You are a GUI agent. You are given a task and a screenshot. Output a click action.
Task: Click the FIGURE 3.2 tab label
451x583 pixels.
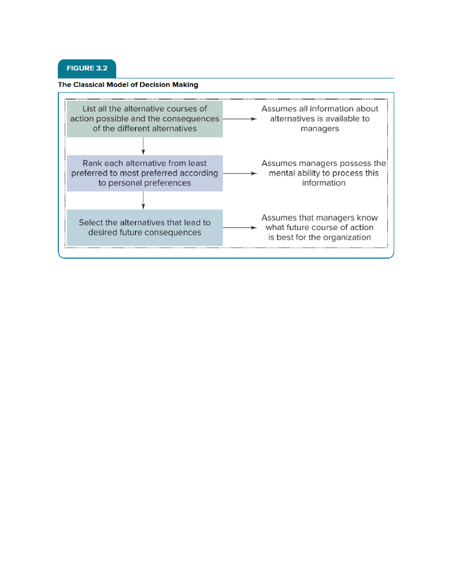click(87, 68)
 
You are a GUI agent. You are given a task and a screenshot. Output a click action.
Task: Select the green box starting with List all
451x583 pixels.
click(145, 119)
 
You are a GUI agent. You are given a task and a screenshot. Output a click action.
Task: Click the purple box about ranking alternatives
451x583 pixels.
click(145, 173)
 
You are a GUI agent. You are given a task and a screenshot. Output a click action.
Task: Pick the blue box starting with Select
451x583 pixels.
click(145, 227)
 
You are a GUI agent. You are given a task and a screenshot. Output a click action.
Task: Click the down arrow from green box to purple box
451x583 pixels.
click(143, 146)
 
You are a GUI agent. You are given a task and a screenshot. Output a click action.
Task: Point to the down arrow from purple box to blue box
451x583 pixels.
click(143, 200)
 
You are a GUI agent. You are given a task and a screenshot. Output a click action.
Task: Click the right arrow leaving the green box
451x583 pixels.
click(239, 119)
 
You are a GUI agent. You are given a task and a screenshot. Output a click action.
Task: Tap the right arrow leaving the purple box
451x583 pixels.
click(239, 173)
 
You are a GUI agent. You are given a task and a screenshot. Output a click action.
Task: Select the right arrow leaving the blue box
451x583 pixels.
click(239, 227)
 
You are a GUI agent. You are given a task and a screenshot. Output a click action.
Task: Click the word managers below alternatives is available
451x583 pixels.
click(320, 129)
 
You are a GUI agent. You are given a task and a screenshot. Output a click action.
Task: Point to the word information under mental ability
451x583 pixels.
click(324, 183)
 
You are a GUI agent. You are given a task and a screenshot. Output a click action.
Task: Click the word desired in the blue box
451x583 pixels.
click(103, 233)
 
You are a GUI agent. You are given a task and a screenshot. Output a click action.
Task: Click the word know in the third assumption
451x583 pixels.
click(367, 218)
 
